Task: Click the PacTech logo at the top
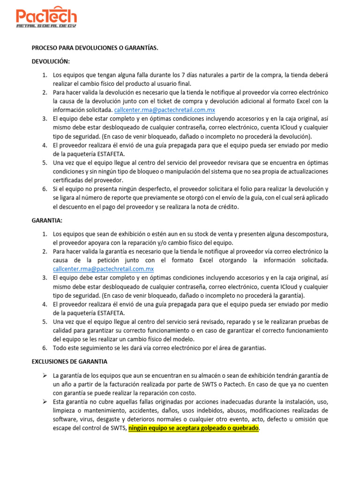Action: [x=46, y=15]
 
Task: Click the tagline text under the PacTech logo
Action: [x=46, y=26]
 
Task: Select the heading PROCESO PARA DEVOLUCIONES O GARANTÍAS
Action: [x=94, y=48]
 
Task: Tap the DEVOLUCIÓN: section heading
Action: [x=51, y=61]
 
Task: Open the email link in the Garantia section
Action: [x=103, y=269]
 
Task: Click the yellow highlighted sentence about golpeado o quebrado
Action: [x=193, y=428]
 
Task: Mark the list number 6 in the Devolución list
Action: [x=45, y=189]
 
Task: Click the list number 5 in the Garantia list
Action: [x=45, y=322]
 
